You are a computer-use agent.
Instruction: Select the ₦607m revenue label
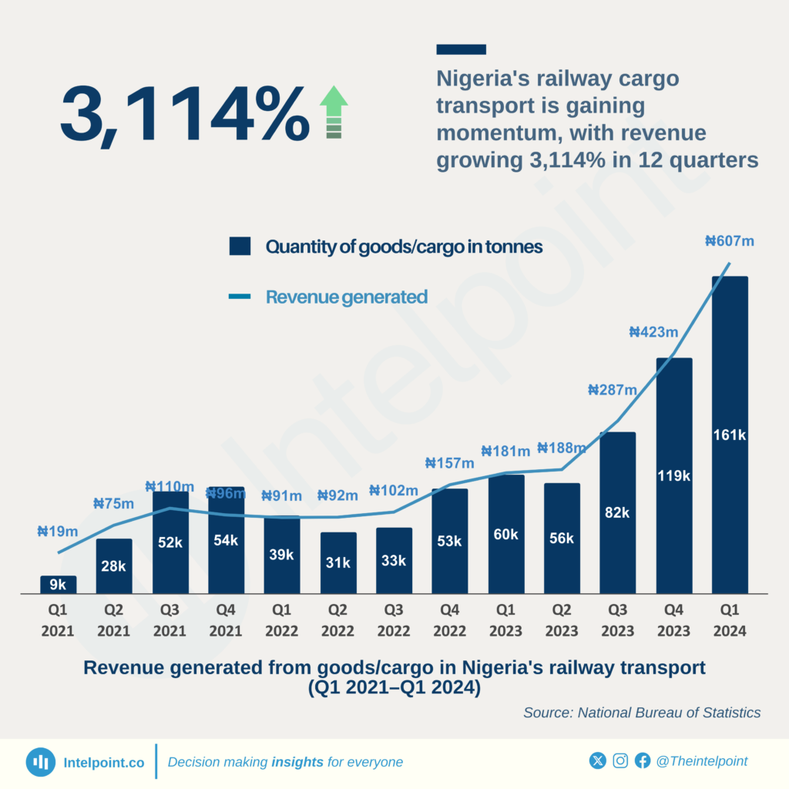729,241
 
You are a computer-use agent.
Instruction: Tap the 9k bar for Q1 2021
59,585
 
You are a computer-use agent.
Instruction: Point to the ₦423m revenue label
653,333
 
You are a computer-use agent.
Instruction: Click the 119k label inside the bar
674,475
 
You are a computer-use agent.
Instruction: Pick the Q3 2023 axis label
618,620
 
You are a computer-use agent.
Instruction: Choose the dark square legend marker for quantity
240,247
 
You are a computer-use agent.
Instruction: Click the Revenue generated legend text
346,297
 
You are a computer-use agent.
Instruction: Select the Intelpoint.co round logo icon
40,761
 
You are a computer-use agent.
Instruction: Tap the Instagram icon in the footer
620,761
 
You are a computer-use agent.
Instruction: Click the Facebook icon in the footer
643,761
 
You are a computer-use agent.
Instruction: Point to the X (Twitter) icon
598,761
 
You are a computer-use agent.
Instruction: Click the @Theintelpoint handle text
701,761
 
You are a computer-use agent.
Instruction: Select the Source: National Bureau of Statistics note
642,713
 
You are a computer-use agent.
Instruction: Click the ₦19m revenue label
58,531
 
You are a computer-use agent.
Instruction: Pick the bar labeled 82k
618,512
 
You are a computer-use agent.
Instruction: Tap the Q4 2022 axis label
450,620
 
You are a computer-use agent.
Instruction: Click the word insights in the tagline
297,762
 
